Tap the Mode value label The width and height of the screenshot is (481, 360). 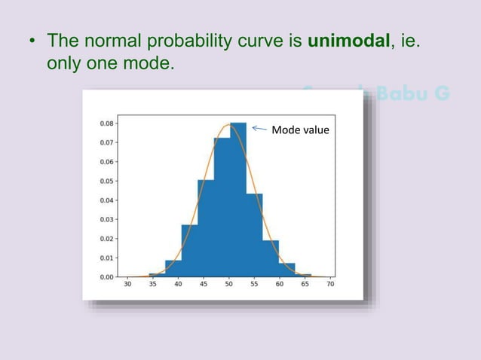click(x=300, y=130)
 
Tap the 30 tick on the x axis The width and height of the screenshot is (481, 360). click(x=127, y=285)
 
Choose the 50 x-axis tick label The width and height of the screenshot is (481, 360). click(x=229, y=285)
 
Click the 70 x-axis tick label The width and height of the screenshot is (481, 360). click(x=330, y=285)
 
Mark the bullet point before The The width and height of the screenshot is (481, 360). click(x=32, y=41)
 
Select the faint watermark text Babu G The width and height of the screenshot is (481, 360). click(x=414, y=94)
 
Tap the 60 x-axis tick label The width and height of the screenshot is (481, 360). click(x=280, y=285)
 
